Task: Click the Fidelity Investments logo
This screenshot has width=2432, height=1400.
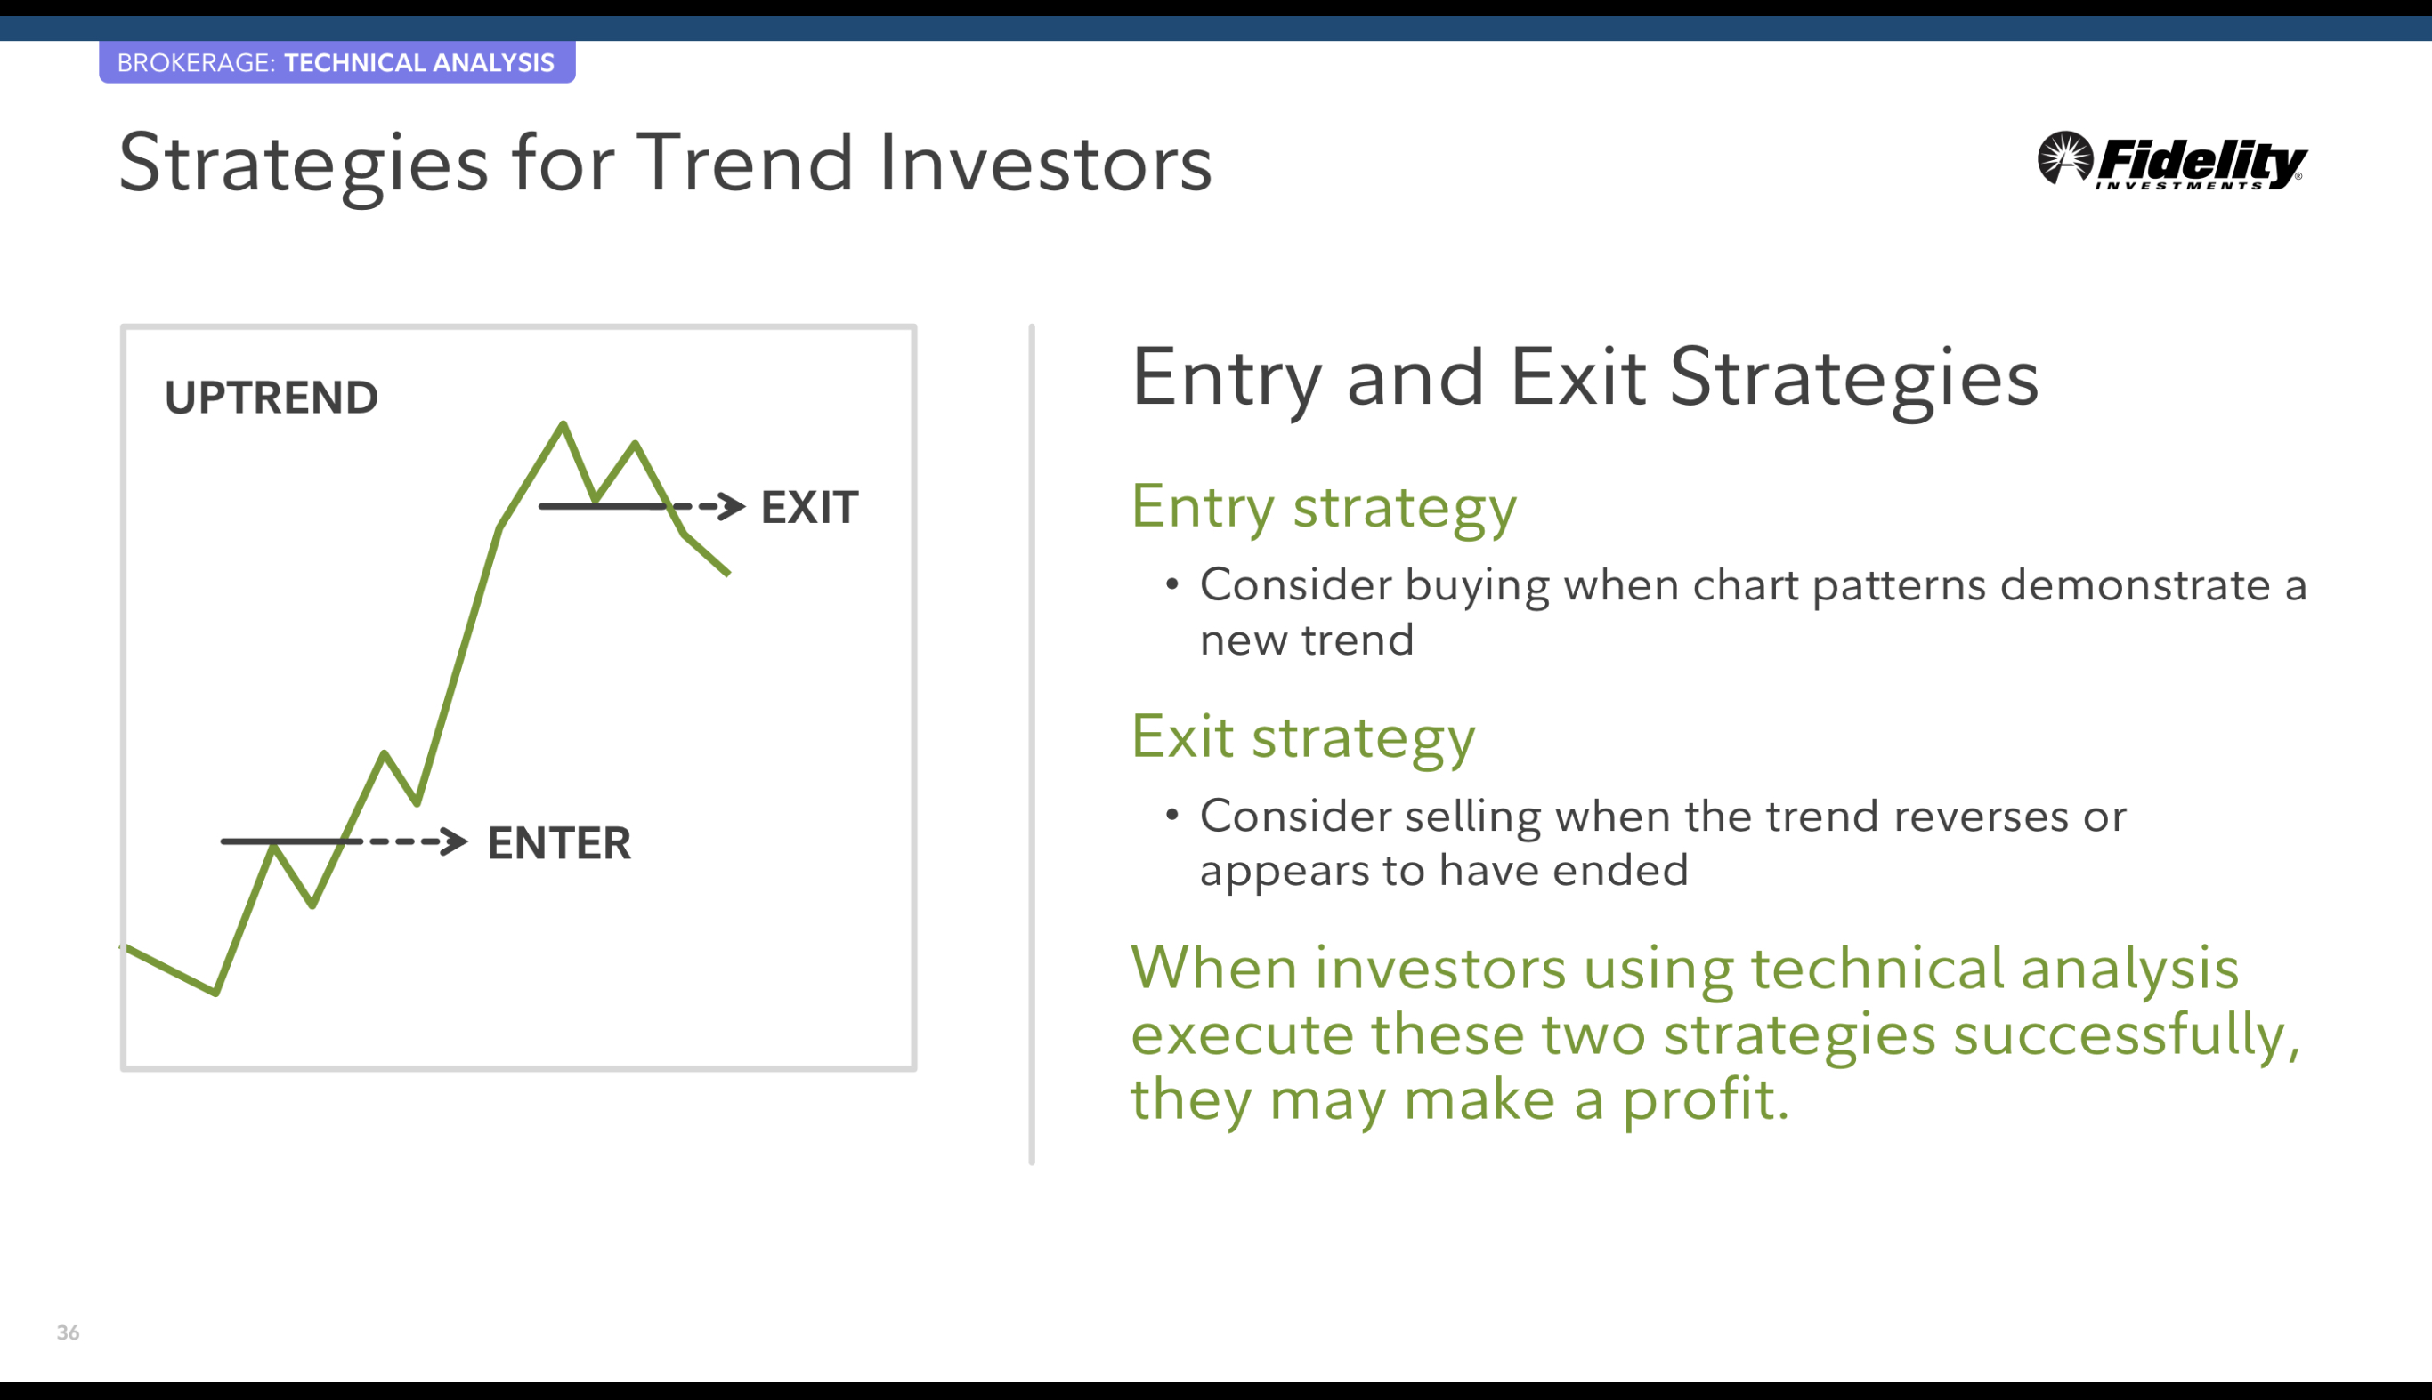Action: [x=2171, y=161]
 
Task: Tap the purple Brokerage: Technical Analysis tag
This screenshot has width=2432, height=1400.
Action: [x=336, y=62]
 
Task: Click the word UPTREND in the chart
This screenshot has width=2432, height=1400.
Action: [x=272, y=397]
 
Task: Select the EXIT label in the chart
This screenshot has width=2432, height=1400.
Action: [x=809, y=507]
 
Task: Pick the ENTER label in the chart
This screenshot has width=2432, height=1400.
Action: [x=559, y=842]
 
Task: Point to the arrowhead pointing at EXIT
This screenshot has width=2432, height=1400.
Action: [x=733, y=506]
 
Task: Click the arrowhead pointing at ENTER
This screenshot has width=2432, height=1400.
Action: [x=455, y=841]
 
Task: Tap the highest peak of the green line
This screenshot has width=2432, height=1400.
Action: [x=563, y=424]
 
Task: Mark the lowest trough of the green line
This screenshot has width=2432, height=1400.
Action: [x=216, y=992]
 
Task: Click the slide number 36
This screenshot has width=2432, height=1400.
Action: [x=68, y=1332]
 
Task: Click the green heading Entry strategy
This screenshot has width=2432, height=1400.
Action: [x=1323, y=508]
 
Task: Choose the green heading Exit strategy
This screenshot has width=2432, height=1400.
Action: [x=1302, y=737]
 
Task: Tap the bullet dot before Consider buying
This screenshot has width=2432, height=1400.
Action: [x=1171, y=583]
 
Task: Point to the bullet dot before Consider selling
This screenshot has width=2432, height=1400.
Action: [x=1171, y=815]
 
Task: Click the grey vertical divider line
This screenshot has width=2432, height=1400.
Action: [x=1032, y=744]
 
